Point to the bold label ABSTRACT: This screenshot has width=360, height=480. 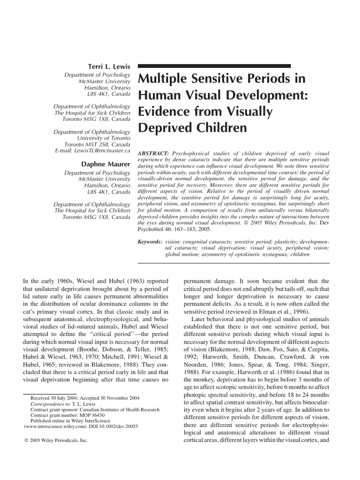click(x=153, y=154)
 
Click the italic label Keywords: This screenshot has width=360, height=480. click(x=150, y=240)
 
